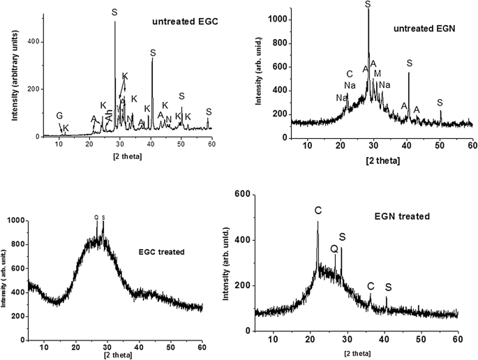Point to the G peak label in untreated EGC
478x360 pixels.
click(59, 116)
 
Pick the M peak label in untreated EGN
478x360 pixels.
click(378, 73)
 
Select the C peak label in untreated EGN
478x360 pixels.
click(350, 74)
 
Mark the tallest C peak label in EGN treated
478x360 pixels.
click(318, 210)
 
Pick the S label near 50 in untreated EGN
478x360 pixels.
click(440, 103)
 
